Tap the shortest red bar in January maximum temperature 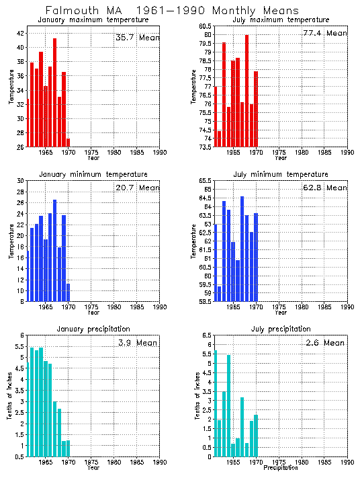click(68, 143)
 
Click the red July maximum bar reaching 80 click(246, 91)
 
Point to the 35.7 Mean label click(138, 38)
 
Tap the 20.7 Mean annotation click(138, 188)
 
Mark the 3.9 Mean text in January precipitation click(138, 343)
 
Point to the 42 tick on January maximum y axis click(20, 33)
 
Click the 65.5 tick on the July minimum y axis click(205, 181)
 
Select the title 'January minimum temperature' click(93, 174)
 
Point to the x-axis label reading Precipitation click(281, 467)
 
